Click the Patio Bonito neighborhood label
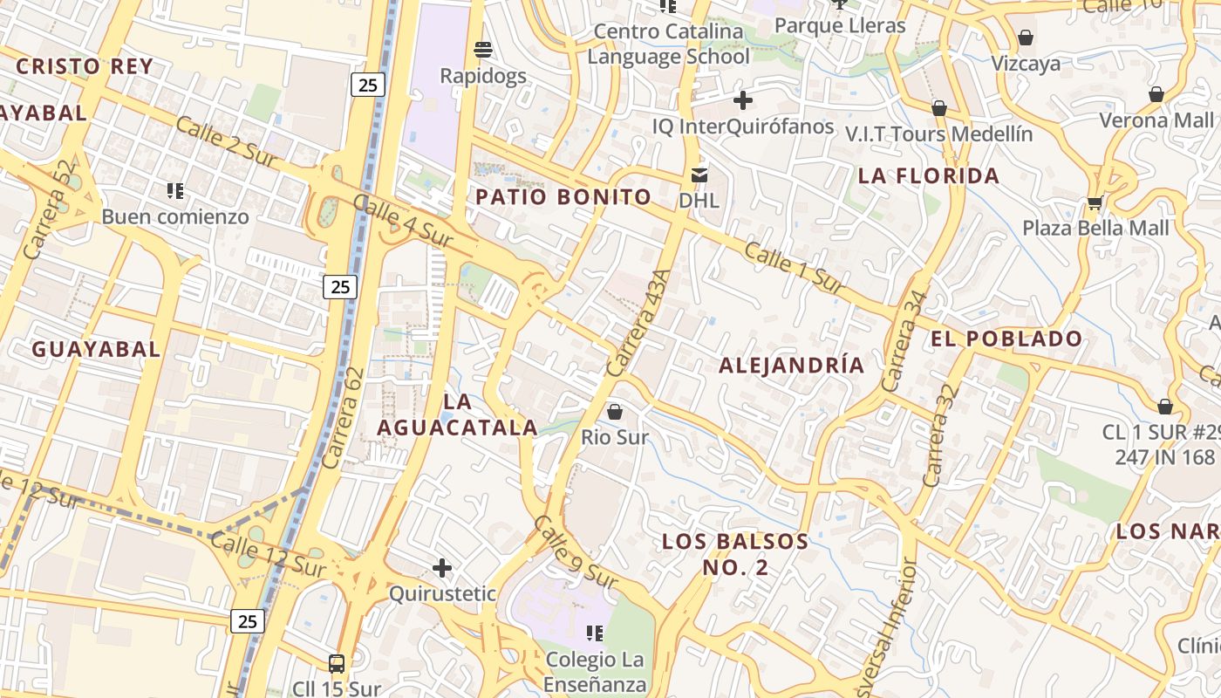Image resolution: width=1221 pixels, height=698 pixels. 563,197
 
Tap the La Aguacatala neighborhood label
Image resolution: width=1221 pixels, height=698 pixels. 457,414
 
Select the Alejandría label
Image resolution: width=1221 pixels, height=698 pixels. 791,366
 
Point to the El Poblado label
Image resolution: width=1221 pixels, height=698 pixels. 1006,339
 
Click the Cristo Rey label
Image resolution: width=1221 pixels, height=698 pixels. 85,66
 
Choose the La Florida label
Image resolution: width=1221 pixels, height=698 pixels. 929,176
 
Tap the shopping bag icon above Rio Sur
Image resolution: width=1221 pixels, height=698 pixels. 615,411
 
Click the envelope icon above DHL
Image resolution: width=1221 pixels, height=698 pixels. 699,174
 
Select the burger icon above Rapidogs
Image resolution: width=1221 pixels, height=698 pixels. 482,49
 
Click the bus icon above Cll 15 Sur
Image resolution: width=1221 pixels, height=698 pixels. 337,663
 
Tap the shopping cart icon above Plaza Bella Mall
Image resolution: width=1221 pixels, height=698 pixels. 1095,203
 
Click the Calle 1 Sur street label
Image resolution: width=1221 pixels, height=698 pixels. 795,267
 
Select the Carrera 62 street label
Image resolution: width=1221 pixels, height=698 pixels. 343,418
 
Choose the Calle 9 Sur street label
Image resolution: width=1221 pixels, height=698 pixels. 576,551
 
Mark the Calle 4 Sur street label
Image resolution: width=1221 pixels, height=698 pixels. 402,220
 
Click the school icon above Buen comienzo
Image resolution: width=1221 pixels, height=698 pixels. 175,190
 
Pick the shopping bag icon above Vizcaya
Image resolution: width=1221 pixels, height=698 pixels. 1026,38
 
